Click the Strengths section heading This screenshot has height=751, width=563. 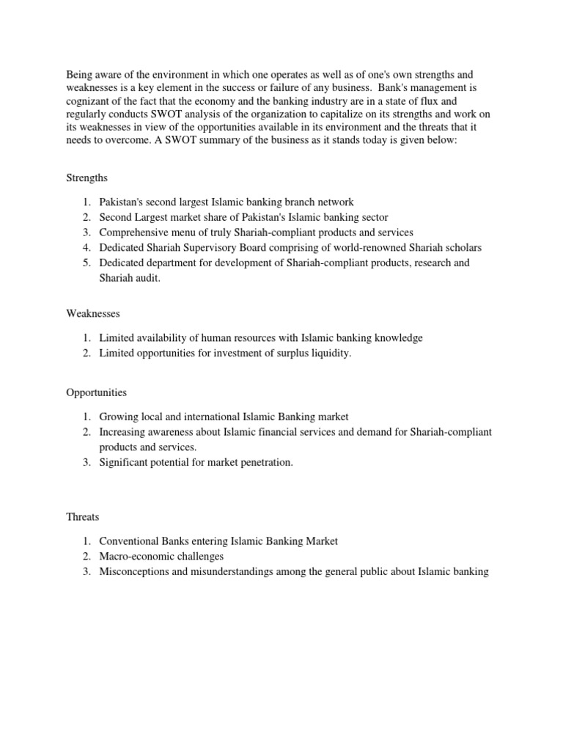pos(87,177)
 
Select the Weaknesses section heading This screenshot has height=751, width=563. pos(93,313)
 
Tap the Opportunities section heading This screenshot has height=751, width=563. pos(97,392)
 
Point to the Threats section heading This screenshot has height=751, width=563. pos(83,516)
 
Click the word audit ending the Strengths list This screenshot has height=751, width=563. pos(152,278)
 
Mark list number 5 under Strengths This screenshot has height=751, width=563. pos(86,263)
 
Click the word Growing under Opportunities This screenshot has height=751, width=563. pos(118,417)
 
